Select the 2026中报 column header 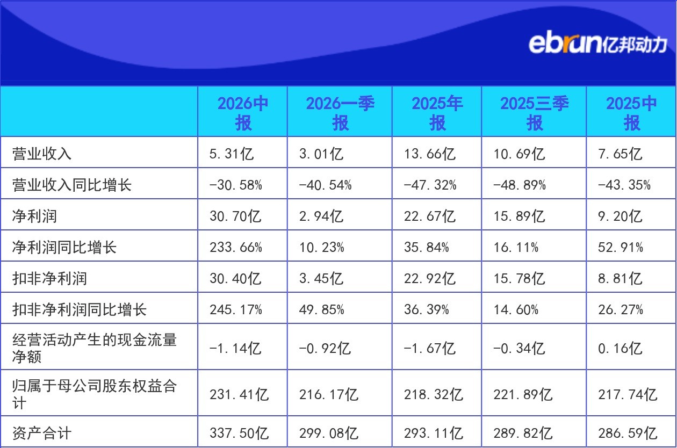(x=243, y=113)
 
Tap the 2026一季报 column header (x=340, y=113)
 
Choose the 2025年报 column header (x=437, y=113)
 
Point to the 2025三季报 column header (x=534, y=113)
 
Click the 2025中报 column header (x=631, y=113)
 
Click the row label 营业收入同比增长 (x=72, y=185)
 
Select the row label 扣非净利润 (x=49, y=278)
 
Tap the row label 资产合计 (x=42, y=433)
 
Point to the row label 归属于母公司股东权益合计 (x=95, y=394)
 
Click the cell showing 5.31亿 (x=232, y=154)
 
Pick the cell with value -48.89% (x=520, y=185)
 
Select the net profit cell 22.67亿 (x=430, y=216)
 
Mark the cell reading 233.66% (x=236, y=248)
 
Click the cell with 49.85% (x=321, y=309)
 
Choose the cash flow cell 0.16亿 (x=620, y=348)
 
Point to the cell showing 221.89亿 (x=523, y=394)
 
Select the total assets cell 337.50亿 (x=239, y=433)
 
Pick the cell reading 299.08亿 (x=329, y=433)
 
